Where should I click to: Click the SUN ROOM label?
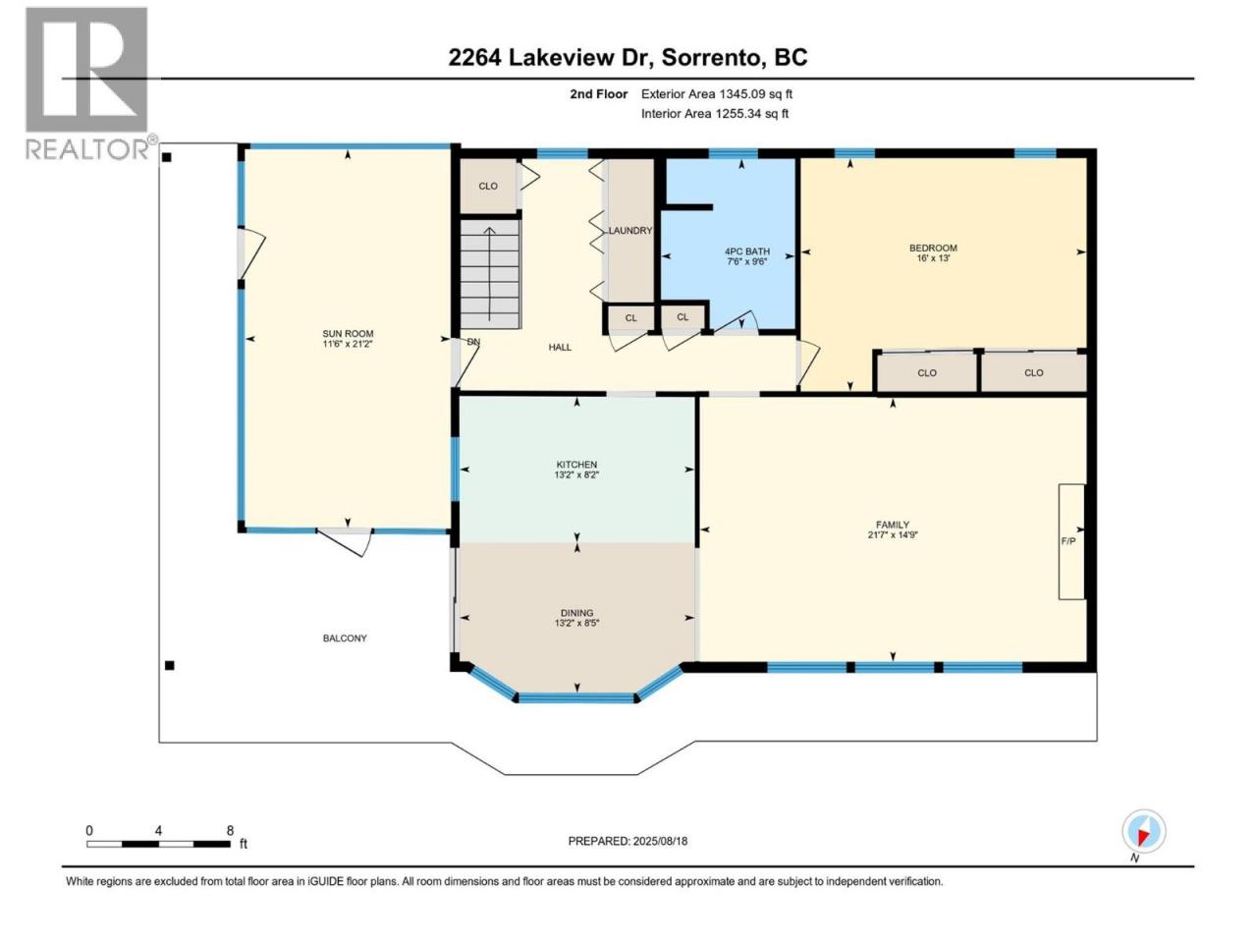point(348,333)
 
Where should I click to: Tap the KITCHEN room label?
point(576,465)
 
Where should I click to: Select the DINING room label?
point(576,613)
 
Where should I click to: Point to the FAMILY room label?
point(893,525)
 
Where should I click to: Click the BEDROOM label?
point(933,248)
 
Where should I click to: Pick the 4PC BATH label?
point(746,251)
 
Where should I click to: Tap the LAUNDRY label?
point(629,231)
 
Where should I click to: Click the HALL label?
point(560,347)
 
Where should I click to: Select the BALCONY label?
point(344,638)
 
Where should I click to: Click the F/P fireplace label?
point(1068,540)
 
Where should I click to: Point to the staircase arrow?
point(490,274)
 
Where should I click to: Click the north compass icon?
point(1143,831)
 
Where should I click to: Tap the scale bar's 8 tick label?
point(230,830)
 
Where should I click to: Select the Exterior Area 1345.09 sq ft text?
point(717,94)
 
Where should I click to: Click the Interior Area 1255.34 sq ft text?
point(715,113)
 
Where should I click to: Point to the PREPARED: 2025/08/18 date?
point(628,841)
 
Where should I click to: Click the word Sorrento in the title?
point(712,58)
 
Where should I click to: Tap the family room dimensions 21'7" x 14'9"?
point(893,534)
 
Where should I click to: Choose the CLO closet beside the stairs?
point(488,186)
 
